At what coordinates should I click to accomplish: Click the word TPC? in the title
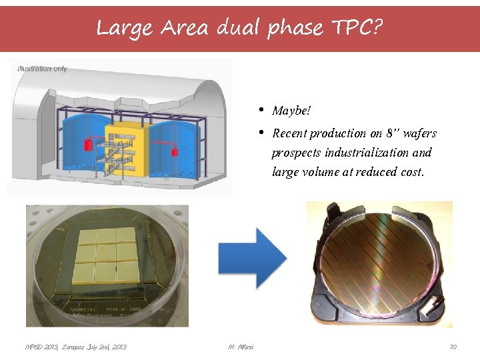point(357,28)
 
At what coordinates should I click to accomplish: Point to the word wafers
point(418,133)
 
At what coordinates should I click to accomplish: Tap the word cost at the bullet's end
point(409,172)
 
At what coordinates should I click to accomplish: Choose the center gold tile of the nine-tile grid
point(107,253)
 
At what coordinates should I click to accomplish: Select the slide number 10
point(453,347)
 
